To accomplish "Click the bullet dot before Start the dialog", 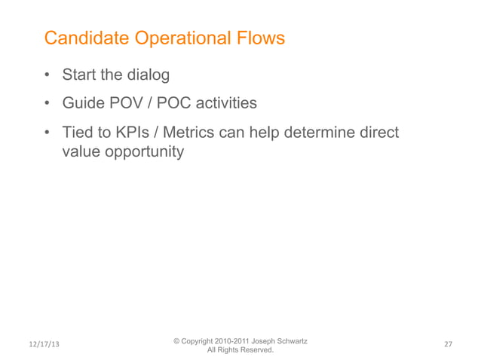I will (47, 76).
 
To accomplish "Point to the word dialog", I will (148, 75).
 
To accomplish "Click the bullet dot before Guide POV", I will (47, 104).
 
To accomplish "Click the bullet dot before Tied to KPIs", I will (47, 133).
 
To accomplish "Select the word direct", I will (376, 133).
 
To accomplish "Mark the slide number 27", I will (448, 344).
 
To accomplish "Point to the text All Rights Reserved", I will (240, 350).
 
